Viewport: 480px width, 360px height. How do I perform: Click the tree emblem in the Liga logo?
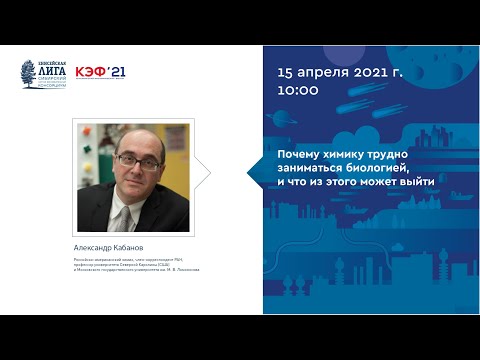coord(29,72)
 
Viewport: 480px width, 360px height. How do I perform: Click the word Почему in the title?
coord(300,154)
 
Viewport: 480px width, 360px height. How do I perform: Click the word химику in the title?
coord(348,154)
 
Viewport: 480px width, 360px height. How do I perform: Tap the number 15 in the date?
coord(288,73)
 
